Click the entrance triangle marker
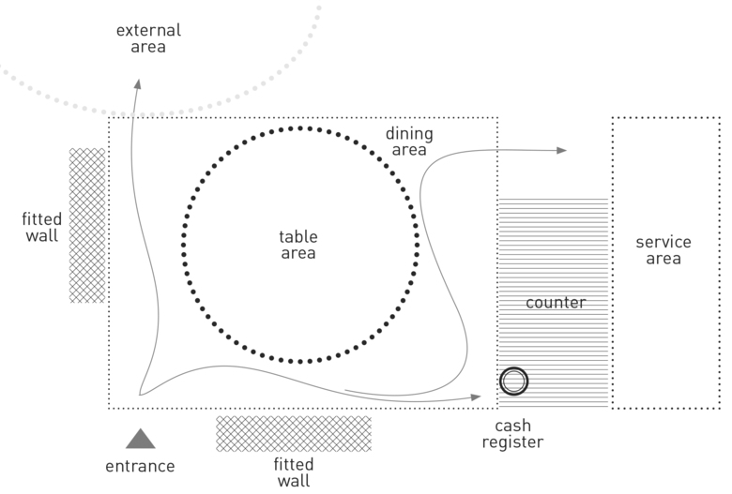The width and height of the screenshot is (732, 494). [141, 439]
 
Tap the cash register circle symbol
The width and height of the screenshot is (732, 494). [514, 382]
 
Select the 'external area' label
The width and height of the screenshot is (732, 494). [148, 37]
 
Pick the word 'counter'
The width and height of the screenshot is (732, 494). [556, 303]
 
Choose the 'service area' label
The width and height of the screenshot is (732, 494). [663, 250]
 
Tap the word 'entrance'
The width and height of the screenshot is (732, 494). [141, 466]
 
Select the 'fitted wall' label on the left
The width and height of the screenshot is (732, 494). [40, 227]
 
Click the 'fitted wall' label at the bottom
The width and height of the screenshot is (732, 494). [293, 473]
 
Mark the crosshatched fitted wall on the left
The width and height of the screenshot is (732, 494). [87, 225]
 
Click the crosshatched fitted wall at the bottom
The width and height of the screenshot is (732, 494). [293, 433]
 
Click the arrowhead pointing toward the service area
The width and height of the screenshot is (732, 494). [561, 150]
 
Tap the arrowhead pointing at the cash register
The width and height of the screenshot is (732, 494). [475, 398]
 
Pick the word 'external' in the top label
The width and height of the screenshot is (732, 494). [148, 30]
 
